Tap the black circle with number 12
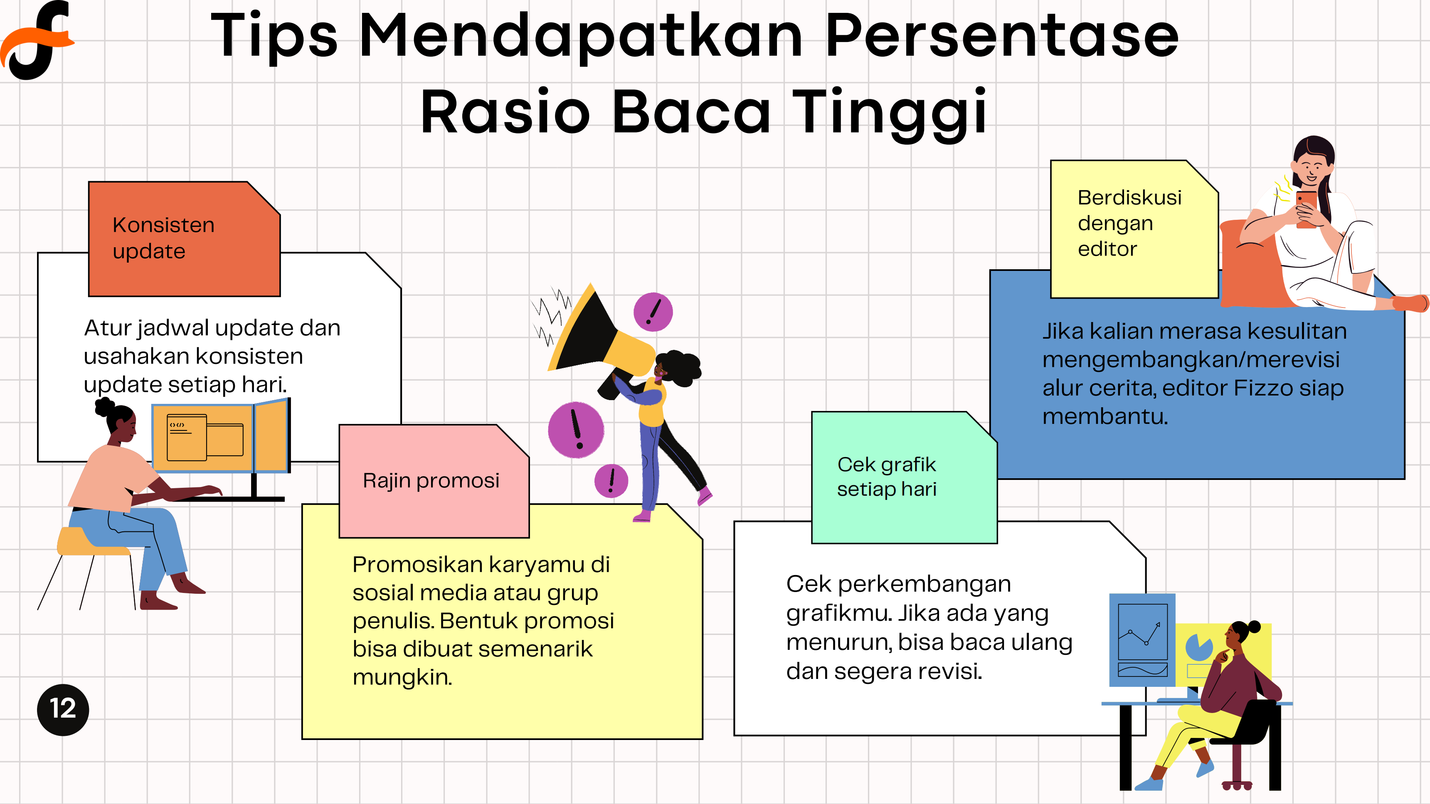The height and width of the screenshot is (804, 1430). point(63,710)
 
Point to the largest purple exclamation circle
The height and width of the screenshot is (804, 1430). point(576,430)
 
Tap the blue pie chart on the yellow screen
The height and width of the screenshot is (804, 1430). point(1199,647)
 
